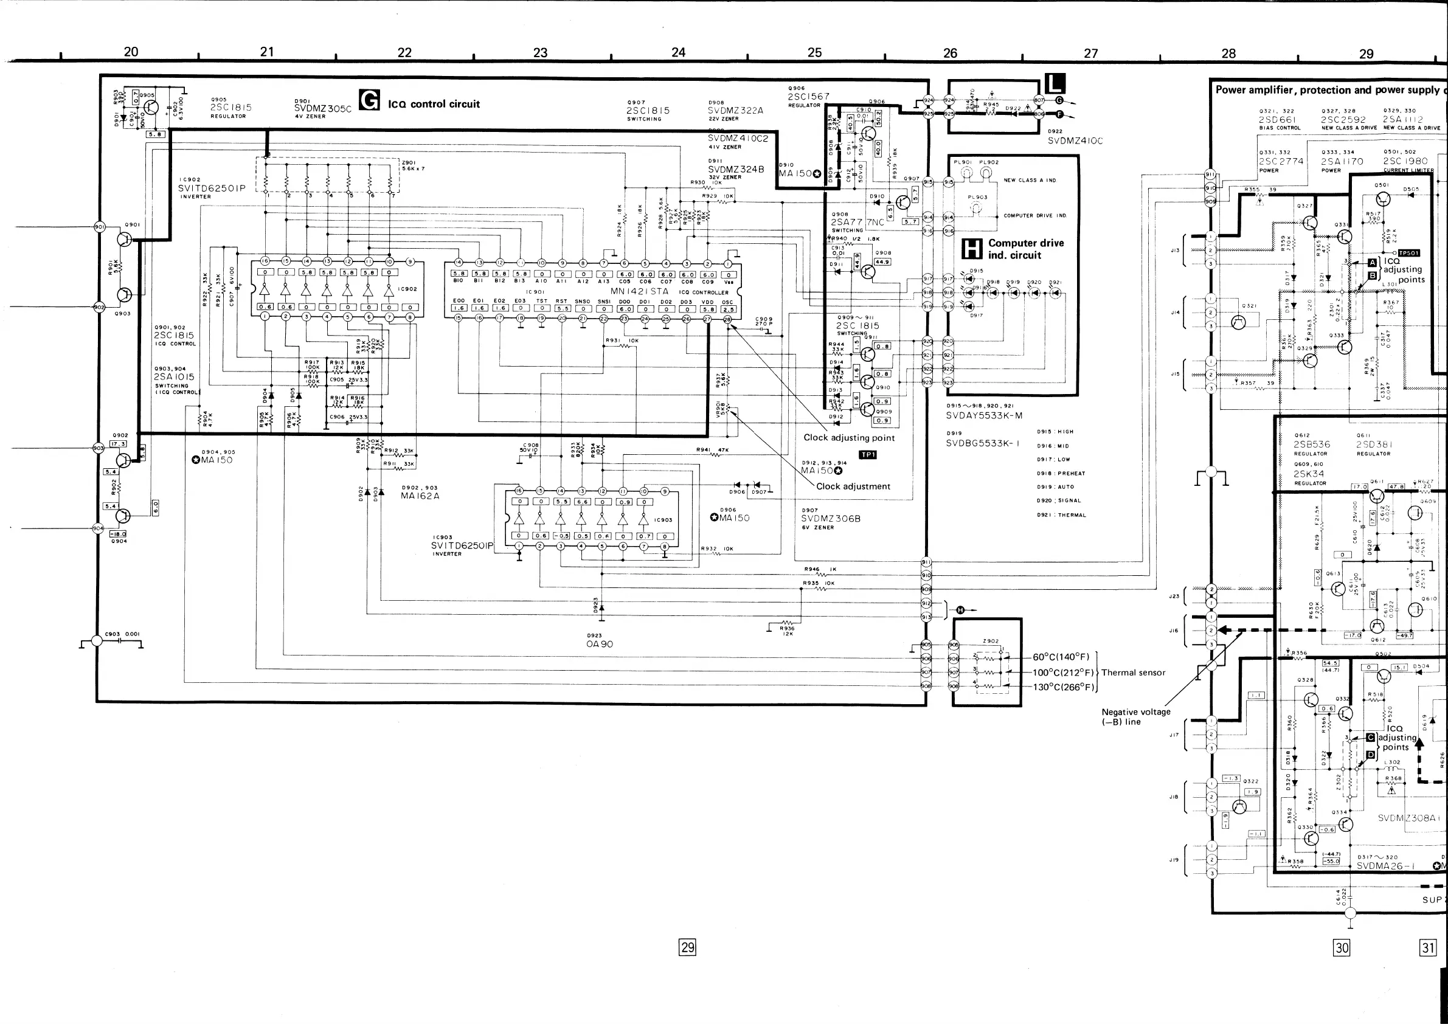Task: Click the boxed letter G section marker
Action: (369, 100)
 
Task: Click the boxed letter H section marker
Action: (972, 249)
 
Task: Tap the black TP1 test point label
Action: (868, 455)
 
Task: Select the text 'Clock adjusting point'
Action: (849, 438)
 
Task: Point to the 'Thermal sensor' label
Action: (1134, 673)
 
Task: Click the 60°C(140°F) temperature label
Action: (1061, 657)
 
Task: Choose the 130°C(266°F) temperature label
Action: (1062, 687)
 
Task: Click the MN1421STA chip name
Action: (639, 291)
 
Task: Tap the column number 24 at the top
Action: (678, 52)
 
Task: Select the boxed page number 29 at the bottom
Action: (687, 946)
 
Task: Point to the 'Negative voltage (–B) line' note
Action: (1136, 717)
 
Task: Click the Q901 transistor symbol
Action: (125, 240)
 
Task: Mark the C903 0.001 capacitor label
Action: (122, 634)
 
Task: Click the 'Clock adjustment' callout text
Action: (853, 486)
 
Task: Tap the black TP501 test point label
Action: (1408, 253)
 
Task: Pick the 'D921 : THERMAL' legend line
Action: (1062, 515)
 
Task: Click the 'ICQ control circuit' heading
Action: (434, 104)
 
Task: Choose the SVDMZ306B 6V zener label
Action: (831, 519)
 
